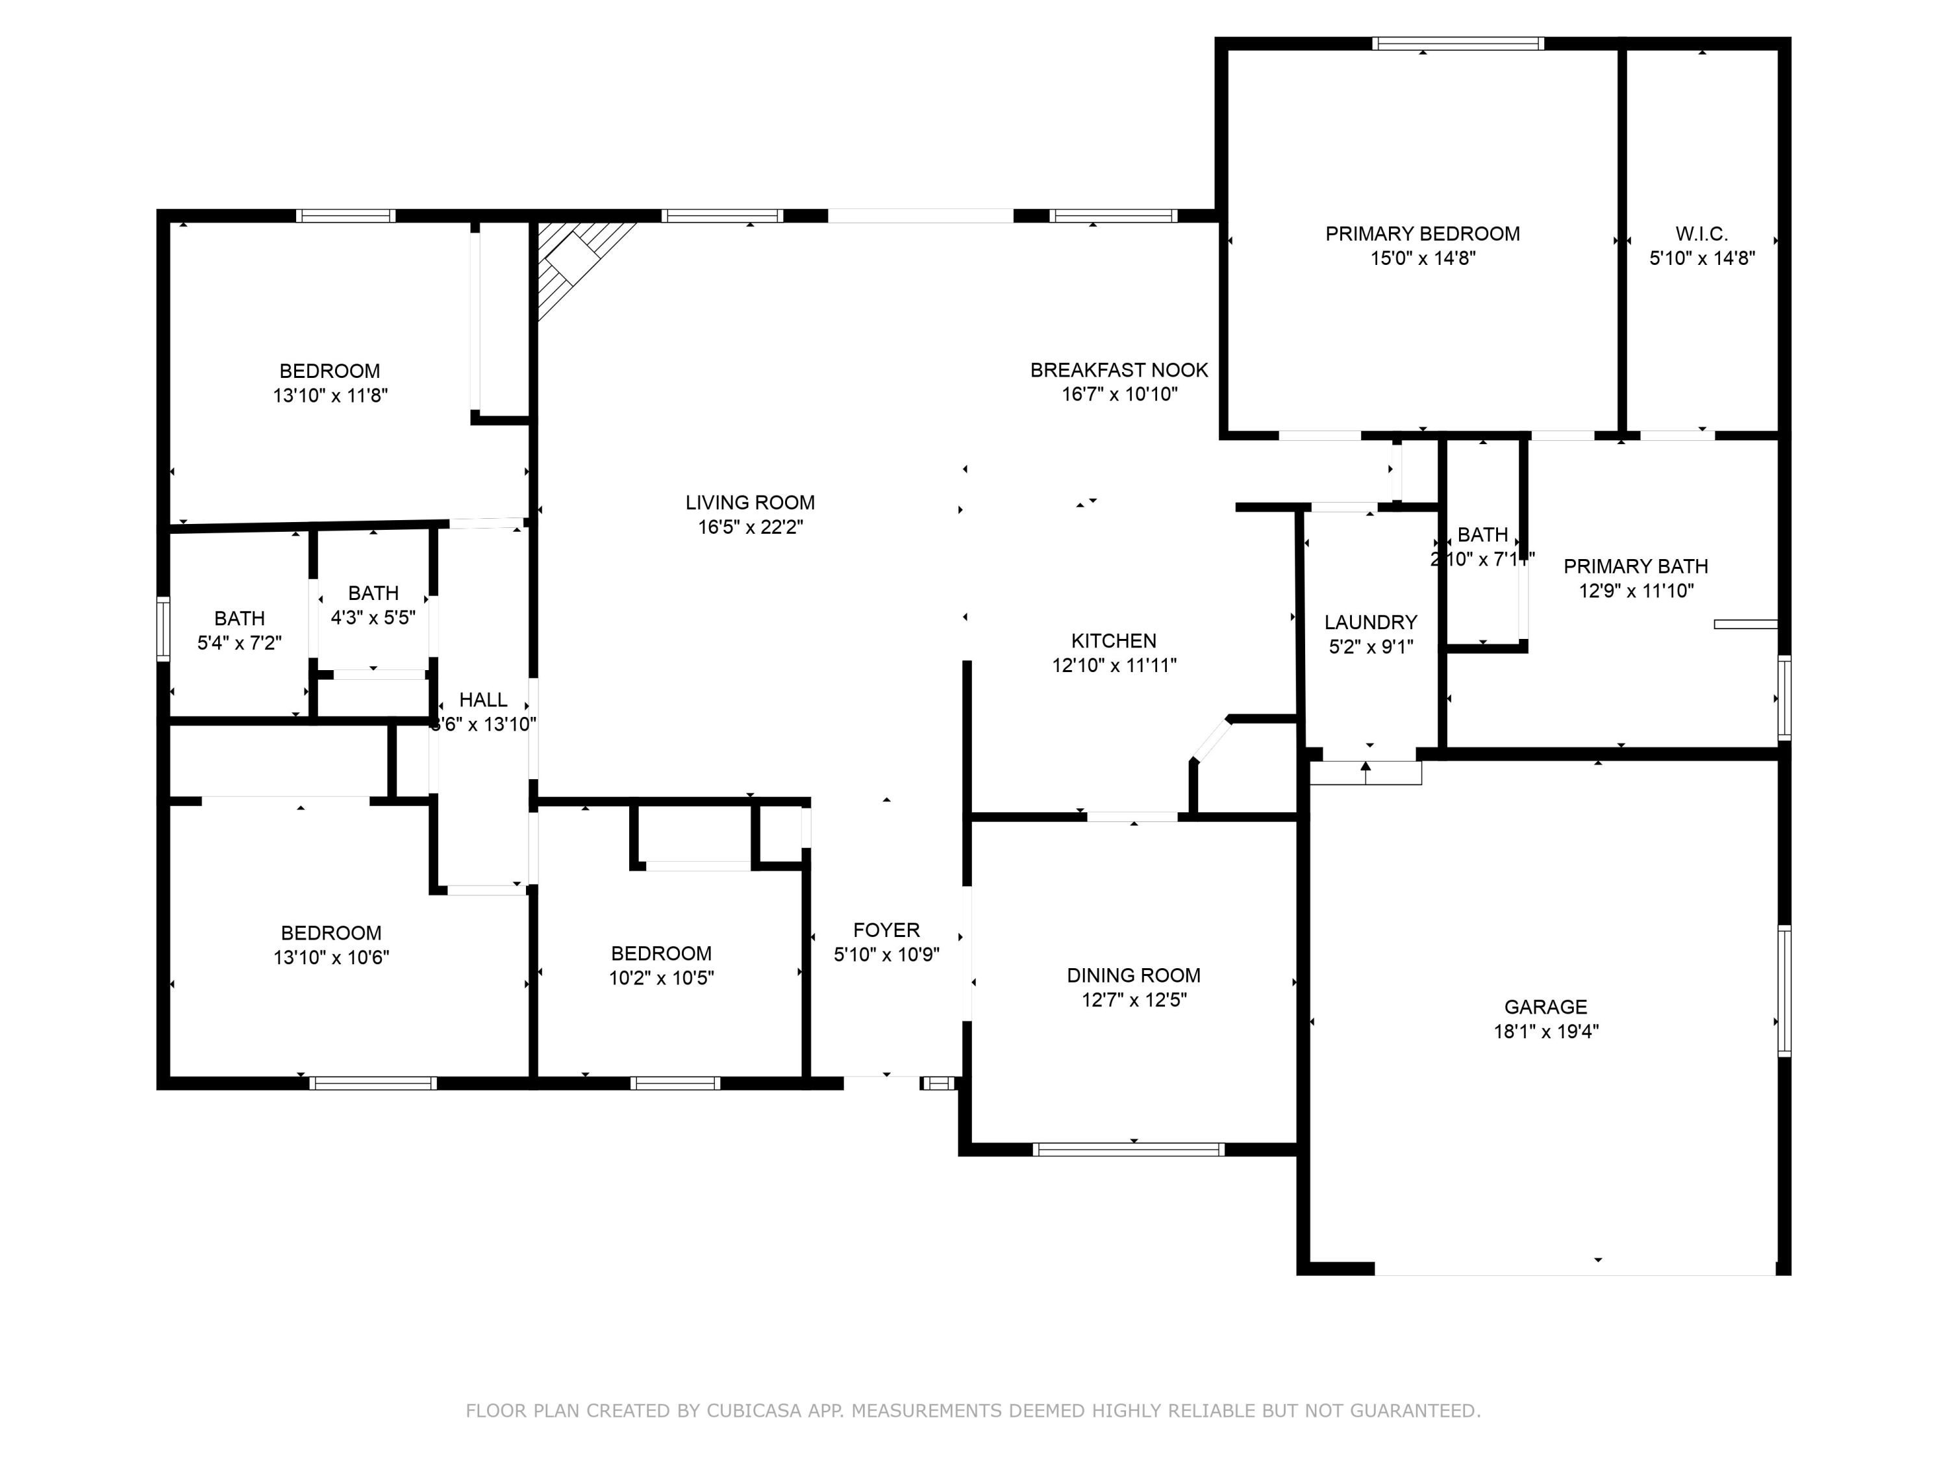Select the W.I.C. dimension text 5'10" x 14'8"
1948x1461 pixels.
point(1701,258)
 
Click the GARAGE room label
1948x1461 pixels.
point(1545,1006)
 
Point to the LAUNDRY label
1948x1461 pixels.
point(1370,623)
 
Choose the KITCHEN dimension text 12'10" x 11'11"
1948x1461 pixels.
point(1114,665)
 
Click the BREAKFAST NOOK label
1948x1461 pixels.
point(1118,370)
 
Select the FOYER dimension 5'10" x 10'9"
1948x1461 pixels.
point(886,955)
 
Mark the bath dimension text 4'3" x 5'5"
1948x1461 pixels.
point(373,618)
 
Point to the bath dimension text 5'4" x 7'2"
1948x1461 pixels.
point(239,643)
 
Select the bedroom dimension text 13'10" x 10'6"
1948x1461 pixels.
point(331,957)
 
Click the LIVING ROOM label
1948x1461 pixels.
point(749,502)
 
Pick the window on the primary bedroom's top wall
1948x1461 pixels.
point(1458,43)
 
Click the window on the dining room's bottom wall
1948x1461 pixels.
point(1128,1149)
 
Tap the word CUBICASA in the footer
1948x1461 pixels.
point(753,1411)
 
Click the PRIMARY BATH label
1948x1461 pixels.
point(1636,566)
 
